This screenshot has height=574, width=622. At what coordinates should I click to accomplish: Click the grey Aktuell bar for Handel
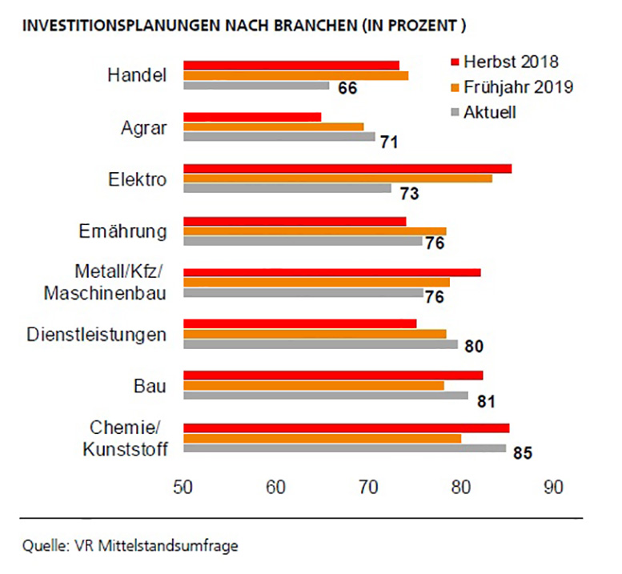[x=256, y=86]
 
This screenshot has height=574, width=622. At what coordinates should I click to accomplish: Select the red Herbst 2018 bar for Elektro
[x=347, y=168]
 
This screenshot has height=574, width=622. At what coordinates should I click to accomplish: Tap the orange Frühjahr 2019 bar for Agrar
[x=274, y=126]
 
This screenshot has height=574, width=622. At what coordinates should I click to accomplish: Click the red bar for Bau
[x=333, y=375]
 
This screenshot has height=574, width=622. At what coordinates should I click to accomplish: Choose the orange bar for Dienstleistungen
[x=315, y=334]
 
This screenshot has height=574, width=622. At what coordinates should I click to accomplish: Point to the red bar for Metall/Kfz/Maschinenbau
[x=332, y=272]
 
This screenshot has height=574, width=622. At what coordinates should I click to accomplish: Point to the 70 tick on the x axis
[x=367, y=486]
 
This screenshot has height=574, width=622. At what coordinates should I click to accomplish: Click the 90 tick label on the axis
[x=552, y=486]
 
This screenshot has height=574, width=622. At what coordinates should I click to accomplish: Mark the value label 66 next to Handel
[x=347, y=88]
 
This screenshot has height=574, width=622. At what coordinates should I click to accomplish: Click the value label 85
[x=523, y=454]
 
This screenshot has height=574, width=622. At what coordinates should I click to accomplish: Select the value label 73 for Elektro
[x=410, y=194]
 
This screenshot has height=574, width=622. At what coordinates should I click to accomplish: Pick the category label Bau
[x=150, y=387]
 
